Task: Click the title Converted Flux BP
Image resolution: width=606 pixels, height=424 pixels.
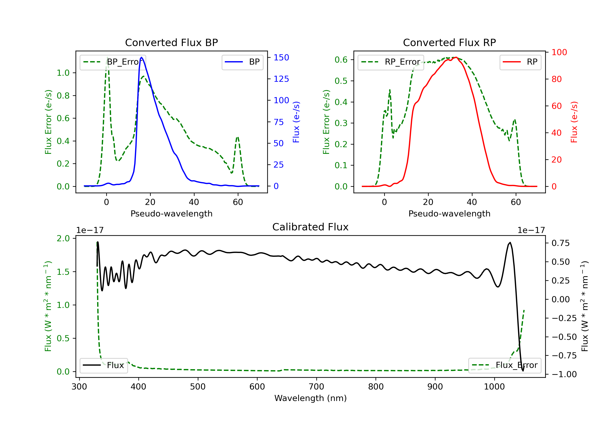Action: point(171,42)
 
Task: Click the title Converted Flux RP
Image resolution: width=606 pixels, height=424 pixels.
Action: point(449,42)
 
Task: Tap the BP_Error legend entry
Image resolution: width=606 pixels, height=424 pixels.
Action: point(113,62)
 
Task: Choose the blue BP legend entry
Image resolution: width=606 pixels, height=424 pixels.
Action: point(242,62)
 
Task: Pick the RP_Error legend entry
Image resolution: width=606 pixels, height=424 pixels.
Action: point(391,62)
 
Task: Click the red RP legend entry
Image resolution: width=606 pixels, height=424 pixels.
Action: point(520,62)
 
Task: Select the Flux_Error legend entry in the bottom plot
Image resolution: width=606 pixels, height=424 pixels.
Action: point(505,365)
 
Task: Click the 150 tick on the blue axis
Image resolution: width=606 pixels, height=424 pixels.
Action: point(281,58)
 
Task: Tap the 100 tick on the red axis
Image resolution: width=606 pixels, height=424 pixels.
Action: point(559,52)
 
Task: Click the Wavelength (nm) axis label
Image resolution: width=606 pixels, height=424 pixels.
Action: point(310,398)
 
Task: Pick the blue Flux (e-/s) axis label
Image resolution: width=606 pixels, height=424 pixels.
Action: point(296,122)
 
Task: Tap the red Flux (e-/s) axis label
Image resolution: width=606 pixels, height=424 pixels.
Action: point(574,122)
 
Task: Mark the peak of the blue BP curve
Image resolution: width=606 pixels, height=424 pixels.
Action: point(141,57)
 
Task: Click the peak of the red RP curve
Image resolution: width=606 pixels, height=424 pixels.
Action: point(456,57)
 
